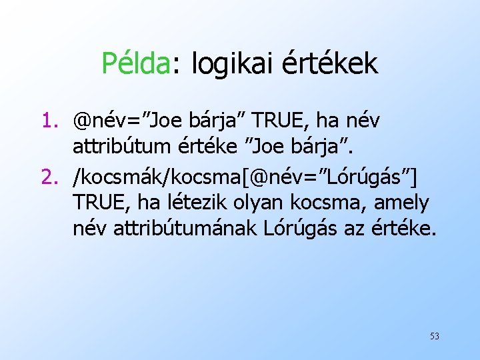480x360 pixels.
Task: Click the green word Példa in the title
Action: (x=136, y=64)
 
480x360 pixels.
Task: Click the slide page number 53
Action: (x=434, y=336)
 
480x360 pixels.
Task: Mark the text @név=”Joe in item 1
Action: (x=127, y=121)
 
